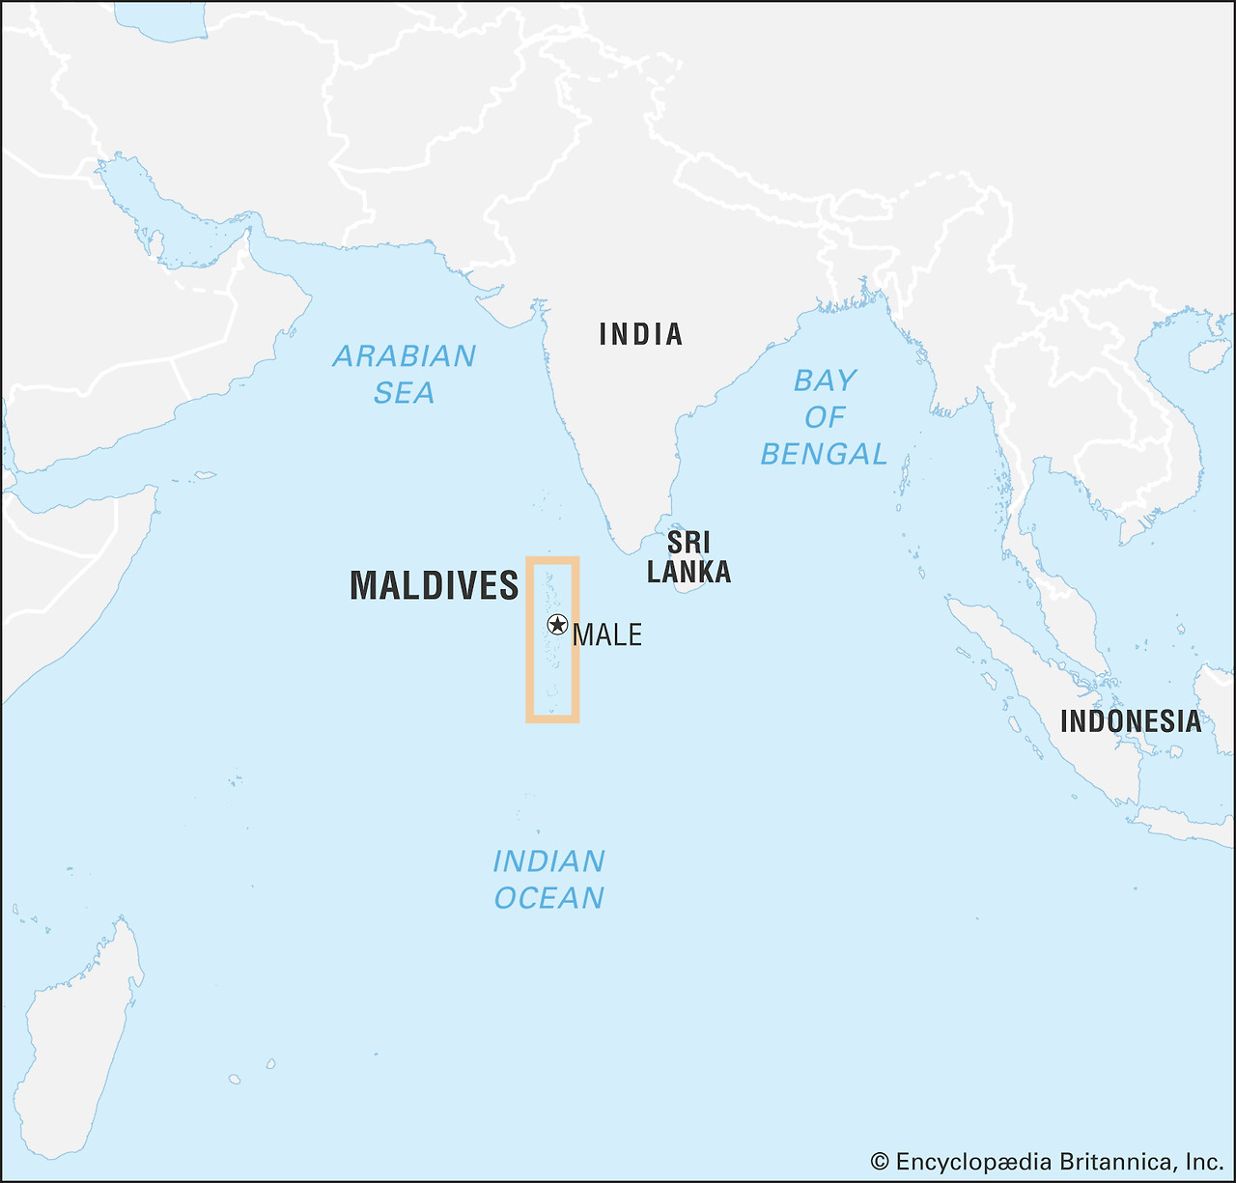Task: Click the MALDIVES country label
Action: click(434, 586)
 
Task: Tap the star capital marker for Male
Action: click(557, 624)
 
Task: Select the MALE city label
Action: click(606, 634)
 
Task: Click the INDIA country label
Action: click(640, 334)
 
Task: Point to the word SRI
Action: click(688, 542)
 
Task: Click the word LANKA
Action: click(688, 572)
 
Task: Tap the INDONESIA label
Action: click(1131, 720)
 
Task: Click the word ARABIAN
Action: click(404, 356)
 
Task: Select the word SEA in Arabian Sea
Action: click(404, 393)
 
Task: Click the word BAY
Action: click(825, 380)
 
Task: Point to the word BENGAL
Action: click(823, 454)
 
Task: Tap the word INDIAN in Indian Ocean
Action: click(548, 860)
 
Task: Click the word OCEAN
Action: click(548, 898)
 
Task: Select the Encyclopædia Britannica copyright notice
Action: click(1047, 1161)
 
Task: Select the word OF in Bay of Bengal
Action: click(825, 417)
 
